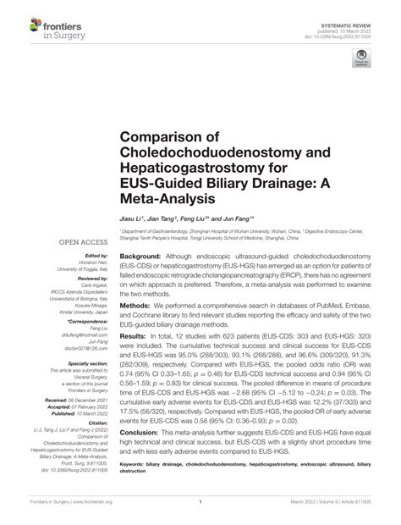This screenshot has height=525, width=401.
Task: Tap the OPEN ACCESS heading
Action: tap(81, 242)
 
